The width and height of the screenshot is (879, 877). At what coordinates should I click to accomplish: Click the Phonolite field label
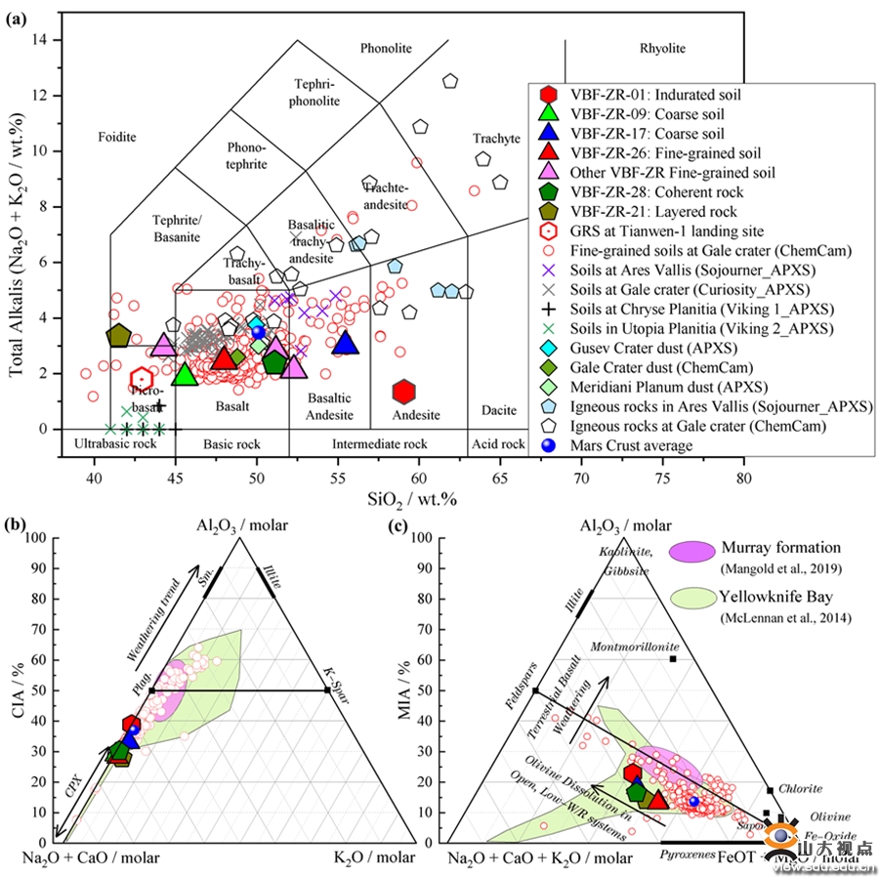coord(387,48)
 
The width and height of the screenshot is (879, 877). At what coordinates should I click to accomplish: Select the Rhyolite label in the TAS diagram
coord(662,48)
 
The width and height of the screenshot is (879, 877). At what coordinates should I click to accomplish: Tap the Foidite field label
coord(117,138)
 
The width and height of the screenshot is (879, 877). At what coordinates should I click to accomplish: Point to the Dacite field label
coord(497,413)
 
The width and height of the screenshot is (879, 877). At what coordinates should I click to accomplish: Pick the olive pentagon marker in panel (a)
coord(118,336)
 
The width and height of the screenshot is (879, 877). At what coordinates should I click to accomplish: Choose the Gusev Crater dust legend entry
coord(644,349)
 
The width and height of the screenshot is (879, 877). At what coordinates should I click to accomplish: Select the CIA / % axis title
coord(14,689)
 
